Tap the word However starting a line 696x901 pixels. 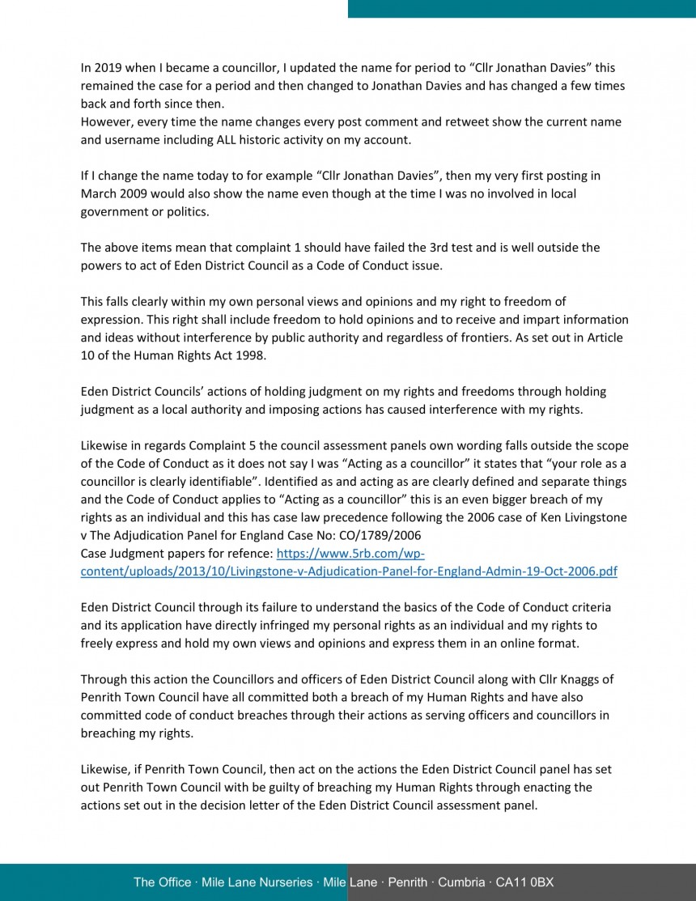(106, 121)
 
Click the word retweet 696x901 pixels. (459, 121)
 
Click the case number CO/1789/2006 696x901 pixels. (378, 535)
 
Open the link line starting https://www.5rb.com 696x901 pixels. (350, 553)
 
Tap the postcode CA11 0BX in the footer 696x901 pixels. (524, 882)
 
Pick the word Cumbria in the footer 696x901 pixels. (461, 882)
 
